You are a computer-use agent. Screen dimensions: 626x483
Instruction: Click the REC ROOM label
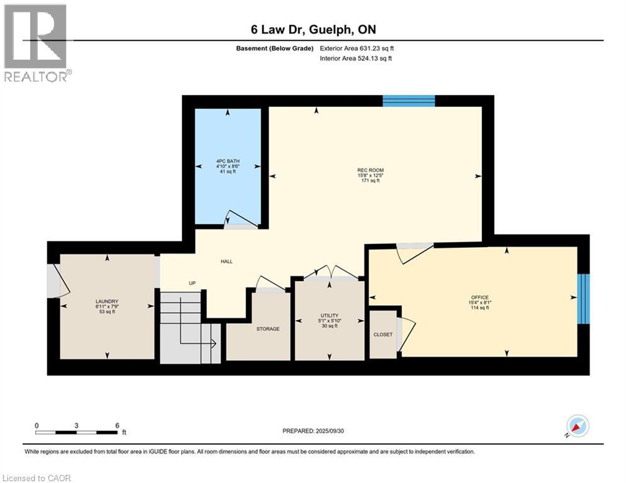[371, 170]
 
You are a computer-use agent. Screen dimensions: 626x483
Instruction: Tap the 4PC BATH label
[228, 161]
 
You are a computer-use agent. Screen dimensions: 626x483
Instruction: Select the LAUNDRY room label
[107, 301]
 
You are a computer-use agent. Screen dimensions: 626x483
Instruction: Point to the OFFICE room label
[480, 297]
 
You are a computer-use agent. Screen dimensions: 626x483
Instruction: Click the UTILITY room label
[330, 315]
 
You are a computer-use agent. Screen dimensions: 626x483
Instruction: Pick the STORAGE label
[268, 329]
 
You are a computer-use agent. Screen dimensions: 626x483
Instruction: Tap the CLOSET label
[383, 335]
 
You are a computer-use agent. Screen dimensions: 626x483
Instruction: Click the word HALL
[226, 262]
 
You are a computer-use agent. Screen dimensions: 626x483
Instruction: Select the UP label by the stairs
[192, 283]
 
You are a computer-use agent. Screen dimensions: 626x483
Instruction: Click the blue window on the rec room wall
[409, 101]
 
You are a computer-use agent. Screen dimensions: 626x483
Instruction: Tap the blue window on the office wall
[583, 299]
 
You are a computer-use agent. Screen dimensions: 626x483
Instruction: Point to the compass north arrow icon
[578, 426]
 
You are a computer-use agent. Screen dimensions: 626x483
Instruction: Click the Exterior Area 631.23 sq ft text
[357, 48]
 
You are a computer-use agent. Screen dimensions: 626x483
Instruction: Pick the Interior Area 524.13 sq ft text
[355, 58]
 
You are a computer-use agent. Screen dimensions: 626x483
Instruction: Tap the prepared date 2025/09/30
[330, 431]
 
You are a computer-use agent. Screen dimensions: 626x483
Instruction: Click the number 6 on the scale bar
[117, 426]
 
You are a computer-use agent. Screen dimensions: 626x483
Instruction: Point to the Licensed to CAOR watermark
[36, 478]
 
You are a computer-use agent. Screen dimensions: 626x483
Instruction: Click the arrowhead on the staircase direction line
[214, 343]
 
